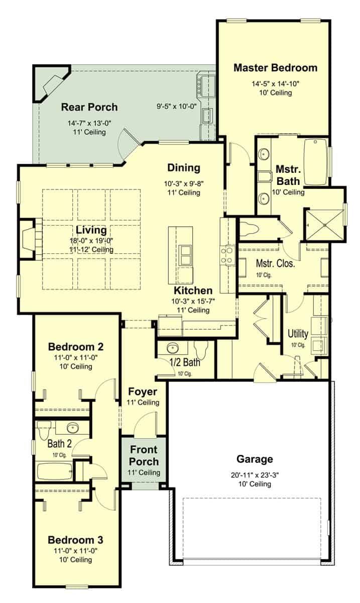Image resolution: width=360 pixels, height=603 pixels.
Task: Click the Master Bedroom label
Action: pyautogui.click(x=275, y=68)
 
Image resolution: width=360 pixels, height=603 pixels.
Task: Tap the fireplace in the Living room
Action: pyautogui.click(x=28, y=239)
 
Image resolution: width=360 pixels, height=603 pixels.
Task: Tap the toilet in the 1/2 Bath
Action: pyautogui.click(x=201, y=348)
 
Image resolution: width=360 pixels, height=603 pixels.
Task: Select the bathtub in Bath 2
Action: pyautogui.click(x=56, y=471)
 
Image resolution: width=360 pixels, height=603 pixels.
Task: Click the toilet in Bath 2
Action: pyautogui.click(x=43, y=430)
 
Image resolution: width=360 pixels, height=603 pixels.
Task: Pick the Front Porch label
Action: pyautogui.click(x=144, y=455)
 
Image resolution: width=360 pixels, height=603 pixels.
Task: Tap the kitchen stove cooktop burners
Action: pyautogui.click(x=227, y=255)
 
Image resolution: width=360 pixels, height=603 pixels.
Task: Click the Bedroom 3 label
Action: pyautogui.click(x=75, y=540)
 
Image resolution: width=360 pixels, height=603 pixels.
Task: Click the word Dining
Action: pyautogui.click(x=184, y=168)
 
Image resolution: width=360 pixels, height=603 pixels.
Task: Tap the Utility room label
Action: pyautogui.click(x=298, y=334)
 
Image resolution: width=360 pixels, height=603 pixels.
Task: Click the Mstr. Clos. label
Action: pyautogui.click(x=276, y=263)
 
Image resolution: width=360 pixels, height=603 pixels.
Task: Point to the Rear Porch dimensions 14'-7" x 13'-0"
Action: pyautogui.click(x=89, y=123)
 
